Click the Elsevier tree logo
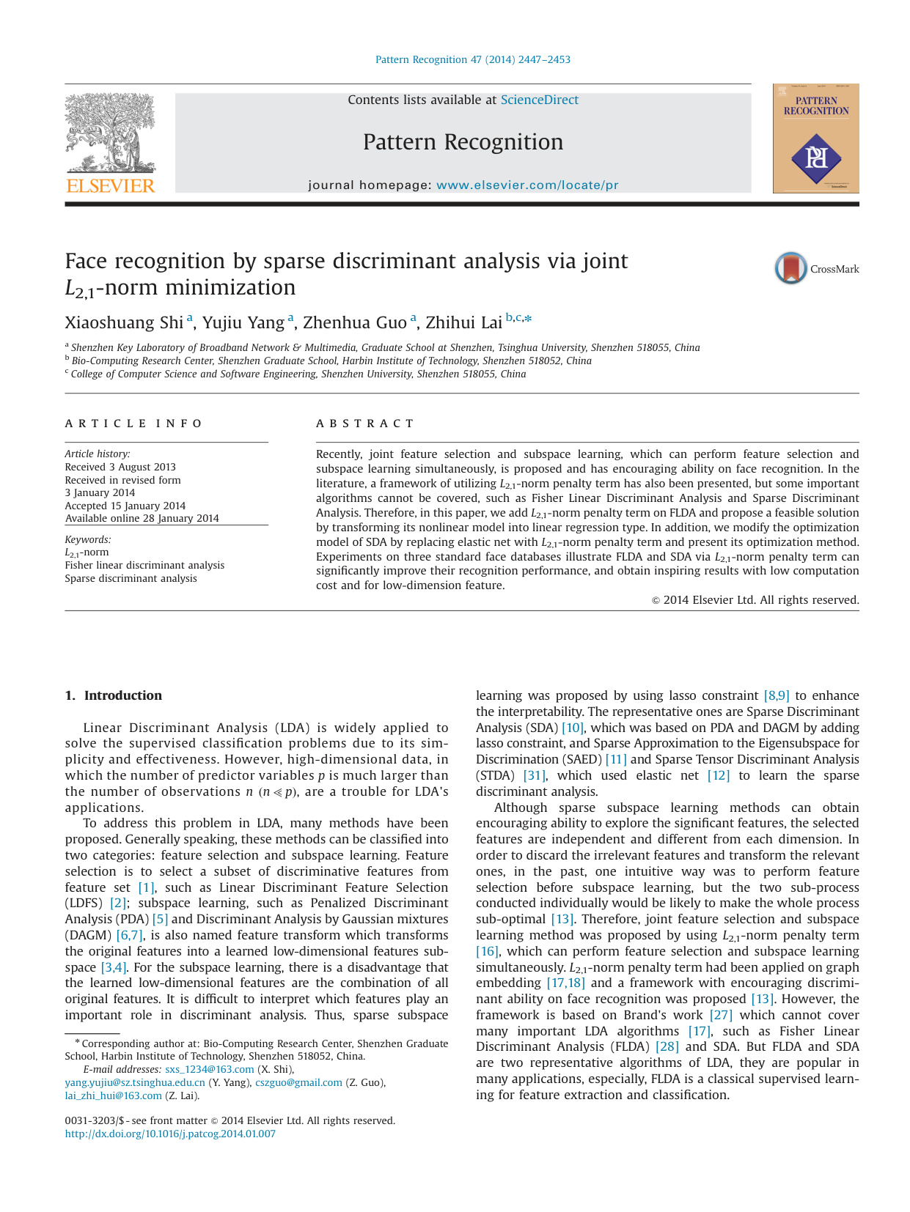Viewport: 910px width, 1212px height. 110,133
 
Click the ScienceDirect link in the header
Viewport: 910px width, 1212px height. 539,100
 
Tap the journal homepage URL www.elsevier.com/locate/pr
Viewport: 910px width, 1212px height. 527,185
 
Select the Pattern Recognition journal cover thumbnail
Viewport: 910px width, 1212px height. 815,138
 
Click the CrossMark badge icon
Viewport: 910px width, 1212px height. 791,268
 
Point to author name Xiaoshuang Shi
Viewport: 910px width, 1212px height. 123,322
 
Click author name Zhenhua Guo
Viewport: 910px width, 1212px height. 354,322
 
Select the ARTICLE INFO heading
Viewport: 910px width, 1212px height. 133,424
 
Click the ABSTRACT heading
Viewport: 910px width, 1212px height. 365,424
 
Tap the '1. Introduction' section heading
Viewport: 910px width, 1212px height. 114,695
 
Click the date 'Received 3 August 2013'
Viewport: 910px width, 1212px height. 120,467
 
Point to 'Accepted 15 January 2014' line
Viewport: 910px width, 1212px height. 125,506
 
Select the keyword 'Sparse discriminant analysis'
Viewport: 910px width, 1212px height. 131,578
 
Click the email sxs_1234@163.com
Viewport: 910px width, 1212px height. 209,1069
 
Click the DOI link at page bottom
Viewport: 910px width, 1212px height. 170,1134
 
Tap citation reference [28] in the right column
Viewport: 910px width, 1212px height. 667,1046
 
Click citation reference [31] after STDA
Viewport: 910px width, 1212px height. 535,775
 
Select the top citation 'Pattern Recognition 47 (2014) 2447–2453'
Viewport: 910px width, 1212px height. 472,59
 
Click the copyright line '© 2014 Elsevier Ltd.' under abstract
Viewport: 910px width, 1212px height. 755,599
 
